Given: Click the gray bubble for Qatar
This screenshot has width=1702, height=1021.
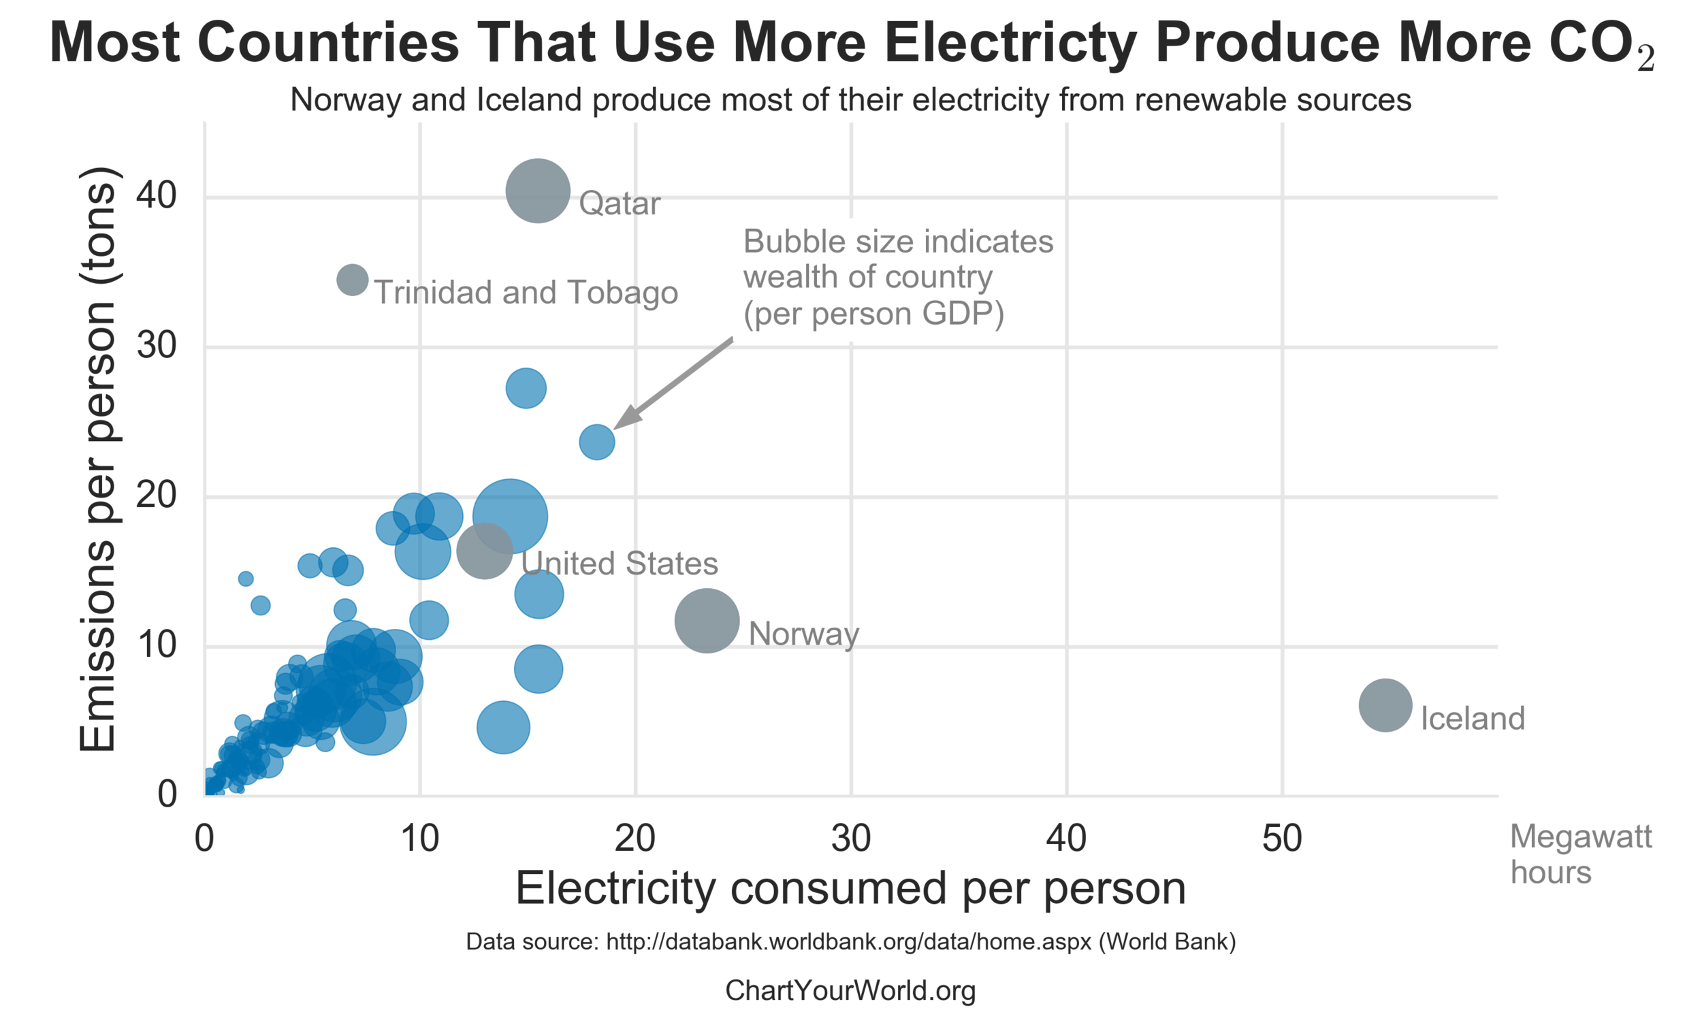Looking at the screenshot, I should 537,191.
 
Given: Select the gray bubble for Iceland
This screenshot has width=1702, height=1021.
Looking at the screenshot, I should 1385,705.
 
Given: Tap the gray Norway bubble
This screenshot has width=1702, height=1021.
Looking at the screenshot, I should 707,621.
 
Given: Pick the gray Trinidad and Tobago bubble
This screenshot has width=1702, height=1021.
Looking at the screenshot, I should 352,280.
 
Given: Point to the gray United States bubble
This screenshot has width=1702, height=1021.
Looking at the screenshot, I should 484,551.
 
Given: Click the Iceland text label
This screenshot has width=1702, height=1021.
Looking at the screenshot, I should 1472,719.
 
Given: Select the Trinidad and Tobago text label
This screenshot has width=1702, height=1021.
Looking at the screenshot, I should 526,293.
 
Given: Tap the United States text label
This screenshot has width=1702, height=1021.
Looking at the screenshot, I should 619,564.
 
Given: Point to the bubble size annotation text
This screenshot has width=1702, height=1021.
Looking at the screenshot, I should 897,277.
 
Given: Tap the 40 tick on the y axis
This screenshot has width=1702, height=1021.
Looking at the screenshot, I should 156,196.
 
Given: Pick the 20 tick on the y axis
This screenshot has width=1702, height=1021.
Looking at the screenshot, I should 156,496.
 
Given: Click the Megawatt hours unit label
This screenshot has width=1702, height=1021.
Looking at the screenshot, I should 1580,854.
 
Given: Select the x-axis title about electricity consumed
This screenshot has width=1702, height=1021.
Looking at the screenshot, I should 850,889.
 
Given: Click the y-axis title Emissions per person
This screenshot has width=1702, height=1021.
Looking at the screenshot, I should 97,459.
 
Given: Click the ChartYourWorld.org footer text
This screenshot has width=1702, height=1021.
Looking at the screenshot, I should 850,991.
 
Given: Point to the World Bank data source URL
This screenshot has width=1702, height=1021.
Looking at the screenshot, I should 848,941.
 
